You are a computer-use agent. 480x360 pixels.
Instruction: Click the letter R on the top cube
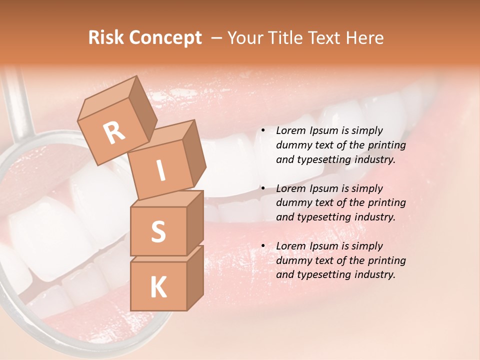click(114, 132)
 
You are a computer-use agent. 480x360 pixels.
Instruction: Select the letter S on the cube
click(158, 231)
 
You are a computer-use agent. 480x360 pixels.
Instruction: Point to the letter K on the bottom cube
click(158, 287)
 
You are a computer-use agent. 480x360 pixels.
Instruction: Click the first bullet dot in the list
click(262, 131)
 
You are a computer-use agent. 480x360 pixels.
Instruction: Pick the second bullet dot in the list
click(262, 189)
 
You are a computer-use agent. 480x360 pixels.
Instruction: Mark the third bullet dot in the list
click(262, 246)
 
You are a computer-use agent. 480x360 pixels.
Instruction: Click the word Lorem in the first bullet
click(290, 131)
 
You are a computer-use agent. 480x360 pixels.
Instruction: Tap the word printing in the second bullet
click(386, 203)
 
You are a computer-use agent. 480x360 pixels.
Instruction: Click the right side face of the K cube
click(195, 277)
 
